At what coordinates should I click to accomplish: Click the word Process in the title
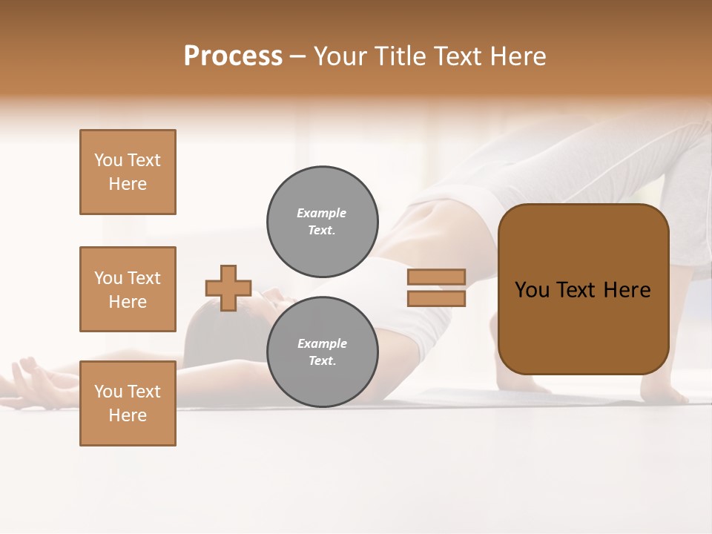point(233,56)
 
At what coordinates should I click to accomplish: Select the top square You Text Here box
point(128,172)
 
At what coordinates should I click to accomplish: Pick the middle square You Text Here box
point(128,289)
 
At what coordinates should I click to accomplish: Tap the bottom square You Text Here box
point(128,403)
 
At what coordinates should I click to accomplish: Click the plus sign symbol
point(228,288)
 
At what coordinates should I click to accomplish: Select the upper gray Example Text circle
point(322,222)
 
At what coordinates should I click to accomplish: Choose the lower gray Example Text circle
point(322,352)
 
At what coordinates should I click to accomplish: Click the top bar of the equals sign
point(436,277)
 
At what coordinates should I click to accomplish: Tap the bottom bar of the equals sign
point(436,298)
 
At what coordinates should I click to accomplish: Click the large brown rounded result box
point(583,289)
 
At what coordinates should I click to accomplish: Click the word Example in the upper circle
point(321,213)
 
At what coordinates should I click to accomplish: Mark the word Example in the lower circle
point(321,343)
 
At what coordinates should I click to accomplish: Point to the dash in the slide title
point(298,56)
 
